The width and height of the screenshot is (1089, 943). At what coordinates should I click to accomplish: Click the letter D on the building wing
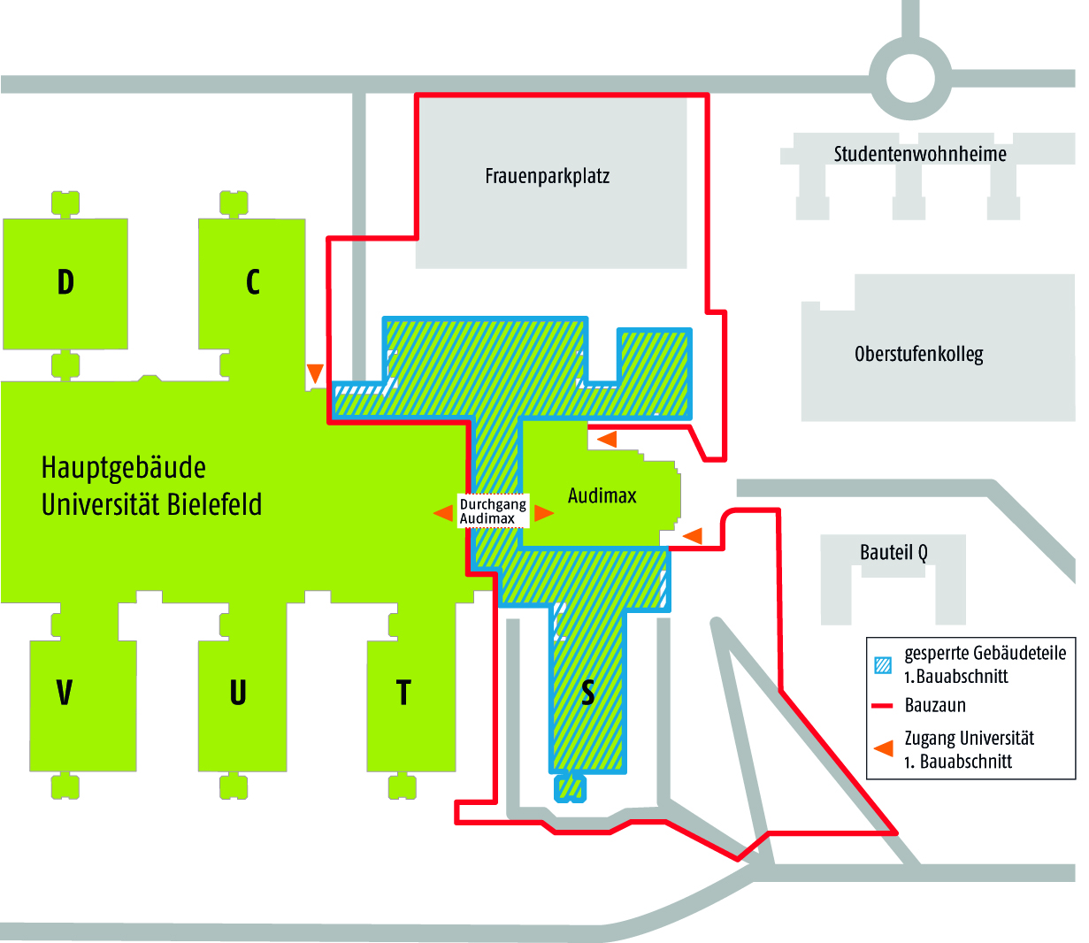(65, 282)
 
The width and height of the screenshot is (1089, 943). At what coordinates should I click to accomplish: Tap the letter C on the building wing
(253, 282)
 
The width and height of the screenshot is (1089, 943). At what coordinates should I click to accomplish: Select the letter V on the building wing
(65, 692)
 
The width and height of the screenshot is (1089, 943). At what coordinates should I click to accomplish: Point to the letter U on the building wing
(238, 692)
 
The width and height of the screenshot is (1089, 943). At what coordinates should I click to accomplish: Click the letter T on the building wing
(403, 692)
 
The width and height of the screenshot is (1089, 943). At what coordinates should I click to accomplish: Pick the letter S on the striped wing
(588, 692)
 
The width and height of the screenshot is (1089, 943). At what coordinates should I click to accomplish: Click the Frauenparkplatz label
(548, 176)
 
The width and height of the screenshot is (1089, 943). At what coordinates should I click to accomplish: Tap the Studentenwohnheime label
(920, 154)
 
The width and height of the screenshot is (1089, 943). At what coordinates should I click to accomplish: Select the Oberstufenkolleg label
(919, 355)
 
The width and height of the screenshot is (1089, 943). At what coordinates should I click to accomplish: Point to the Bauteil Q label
(893, 553)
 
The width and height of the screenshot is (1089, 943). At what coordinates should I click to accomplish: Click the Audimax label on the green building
(602, 495)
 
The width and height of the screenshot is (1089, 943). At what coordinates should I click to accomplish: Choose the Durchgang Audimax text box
(493, 511)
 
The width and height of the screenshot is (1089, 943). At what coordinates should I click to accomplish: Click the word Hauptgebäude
(124, 468)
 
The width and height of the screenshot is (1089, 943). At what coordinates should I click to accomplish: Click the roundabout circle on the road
(910, 79)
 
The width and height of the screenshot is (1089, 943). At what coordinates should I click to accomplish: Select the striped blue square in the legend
(883, 664)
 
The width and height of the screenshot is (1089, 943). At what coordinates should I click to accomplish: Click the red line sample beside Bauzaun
(883, 706)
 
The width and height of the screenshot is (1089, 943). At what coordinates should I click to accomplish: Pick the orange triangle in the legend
(883, 749)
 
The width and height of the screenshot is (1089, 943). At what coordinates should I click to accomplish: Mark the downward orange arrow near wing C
(315, 372)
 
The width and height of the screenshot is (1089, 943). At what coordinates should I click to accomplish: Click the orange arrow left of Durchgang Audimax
(443, 513)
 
